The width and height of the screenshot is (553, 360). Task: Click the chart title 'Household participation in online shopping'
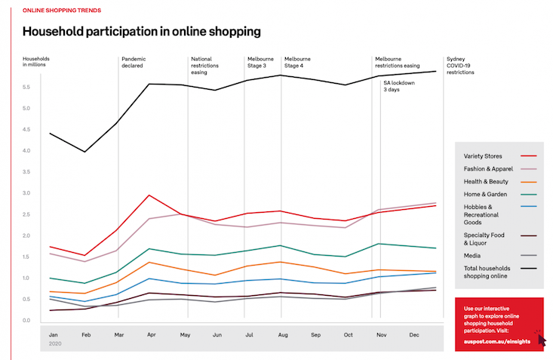(x=142, y=32)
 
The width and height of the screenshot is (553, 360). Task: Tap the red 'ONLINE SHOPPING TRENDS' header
(x=62, y=11)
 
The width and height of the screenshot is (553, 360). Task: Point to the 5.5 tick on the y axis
(x=28, y=88)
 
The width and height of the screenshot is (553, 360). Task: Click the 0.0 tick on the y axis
(x=28, y=321)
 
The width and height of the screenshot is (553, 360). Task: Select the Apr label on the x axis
(x=151, y=334)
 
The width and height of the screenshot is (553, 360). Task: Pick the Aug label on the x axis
(x=282, y=334)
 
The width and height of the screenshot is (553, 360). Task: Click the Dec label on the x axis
(x=413, y=334)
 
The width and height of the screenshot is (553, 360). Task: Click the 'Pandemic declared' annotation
(x=134, y=62)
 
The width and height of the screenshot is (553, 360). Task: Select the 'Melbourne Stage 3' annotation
(x=261, y=62)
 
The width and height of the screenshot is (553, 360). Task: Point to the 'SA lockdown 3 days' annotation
(x=399, y=86)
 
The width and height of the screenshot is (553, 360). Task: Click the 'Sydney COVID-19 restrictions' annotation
(x=461, y=66)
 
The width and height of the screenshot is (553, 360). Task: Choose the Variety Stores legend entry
(x=483, y=156)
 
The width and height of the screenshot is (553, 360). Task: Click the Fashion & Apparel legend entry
(x=489, y=169)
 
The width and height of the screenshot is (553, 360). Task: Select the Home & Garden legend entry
(x=484, y=194)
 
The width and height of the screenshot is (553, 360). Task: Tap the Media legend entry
(x=473, y=256)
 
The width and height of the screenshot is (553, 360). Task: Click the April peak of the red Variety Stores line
(x=151, y=195)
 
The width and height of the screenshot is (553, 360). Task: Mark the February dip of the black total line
(x=85, y=152)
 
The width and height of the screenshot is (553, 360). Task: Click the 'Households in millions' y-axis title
(x=38, y=62)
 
